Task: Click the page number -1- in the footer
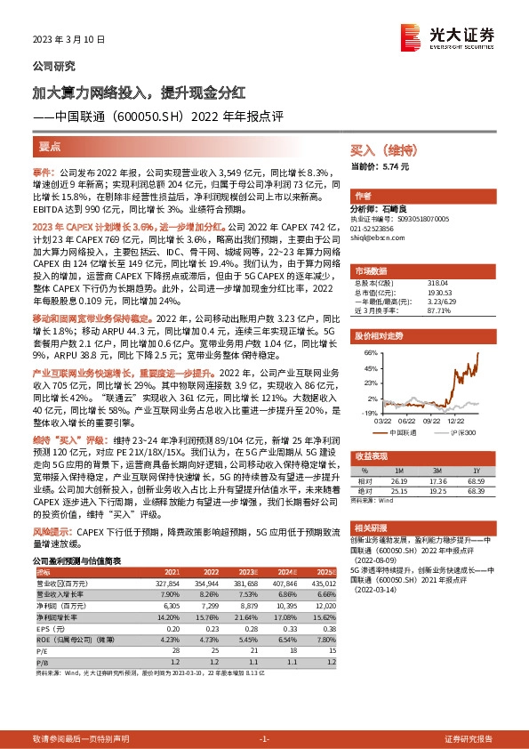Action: [264, 739]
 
